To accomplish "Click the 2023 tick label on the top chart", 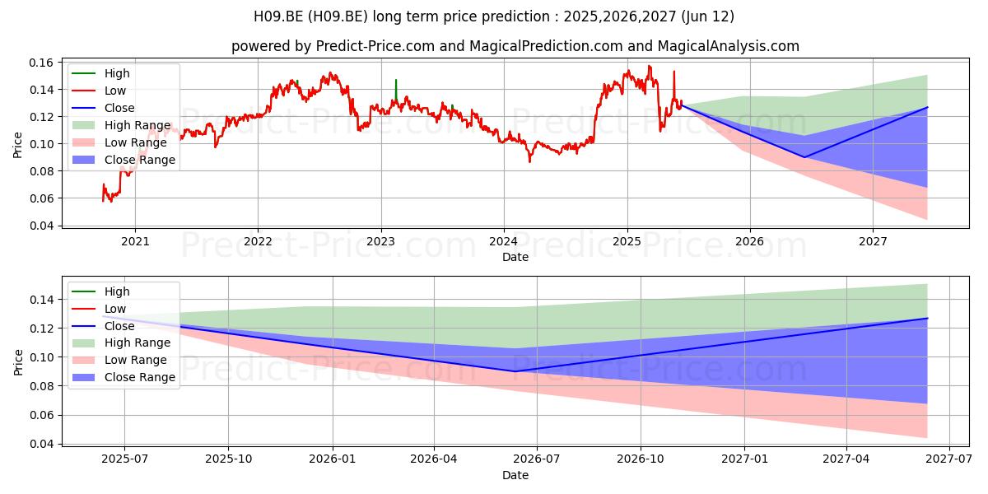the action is [380, 242].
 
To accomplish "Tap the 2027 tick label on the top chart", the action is [873, 242].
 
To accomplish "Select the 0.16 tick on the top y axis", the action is [41, 63].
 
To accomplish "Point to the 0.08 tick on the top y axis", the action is [41, 171].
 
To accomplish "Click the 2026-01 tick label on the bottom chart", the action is [332, 459].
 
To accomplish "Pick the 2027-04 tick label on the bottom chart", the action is [846, 459].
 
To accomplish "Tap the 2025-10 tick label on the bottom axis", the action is [229, 459].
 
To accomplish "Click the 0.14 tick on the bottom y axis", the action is [41, 300].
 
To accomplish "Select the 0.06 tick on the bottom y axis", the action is [41, 415].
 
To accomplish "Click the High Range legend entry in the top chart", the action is [121, 125].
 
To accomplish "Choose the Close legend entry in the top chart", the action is [103, 108].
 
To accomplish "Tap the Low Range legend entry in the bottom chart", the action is [119, 360].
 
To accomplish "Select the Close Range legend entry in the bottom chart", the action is [123, 377].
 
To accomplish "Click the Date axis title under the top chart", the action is [515, 257].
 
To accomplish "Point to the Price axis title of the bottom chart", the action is [18, 362].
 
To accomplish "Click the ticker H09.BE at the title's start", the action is [278, 16].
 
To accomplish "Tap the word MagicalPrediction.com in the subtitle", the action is [546, 46].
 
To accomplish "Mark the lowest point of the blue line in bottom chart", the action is [515, 371].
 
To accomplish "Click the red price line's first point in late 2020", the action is [103, 201].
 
